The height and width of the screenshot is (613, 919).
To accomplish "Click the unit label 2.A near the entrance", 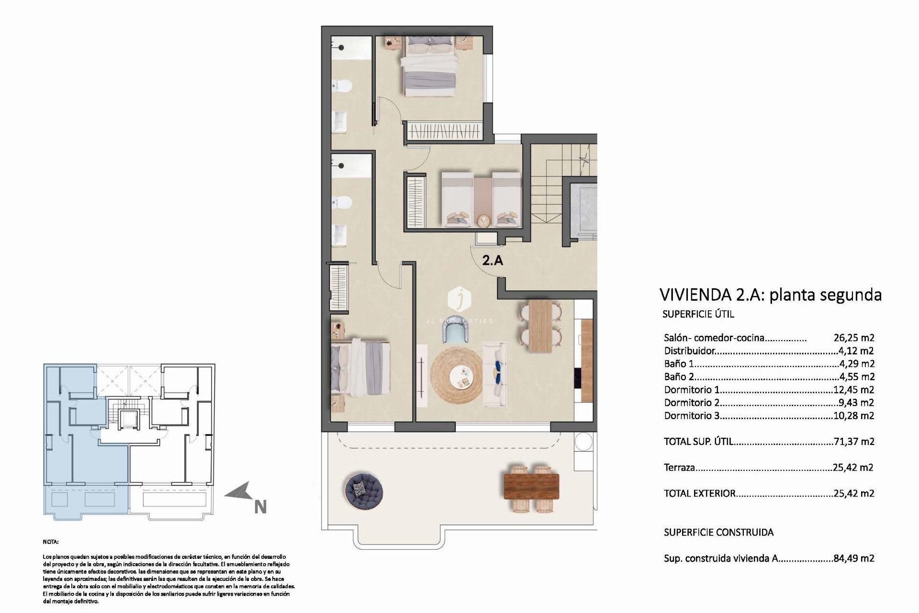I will [x=492, y=261].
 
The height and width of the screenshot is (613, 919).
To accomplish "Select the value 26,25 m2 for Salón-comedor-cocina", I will [x=853, y=338].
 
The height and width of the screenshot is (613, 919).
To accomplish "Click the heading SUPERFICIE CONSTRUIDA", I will [x=718, y=532].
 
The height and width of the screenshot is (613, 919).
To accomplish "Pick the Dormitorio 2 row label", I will [x=692, y=403].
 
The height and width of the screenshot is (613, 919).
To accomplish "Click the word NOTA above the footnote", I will [x=51, y=542].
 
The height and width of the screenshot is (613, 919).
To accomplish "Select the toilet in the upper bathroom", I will [x=342, y=86].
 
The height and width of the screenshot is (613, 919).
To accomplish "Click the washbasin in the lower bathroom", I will [x=340, y=234].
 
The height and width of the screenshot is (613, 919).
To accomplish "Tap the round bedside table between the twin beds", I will [x=483, y=220].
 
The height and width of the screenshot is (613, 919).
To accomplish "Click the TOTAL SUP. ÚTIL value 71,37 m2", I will [x=853, y=442].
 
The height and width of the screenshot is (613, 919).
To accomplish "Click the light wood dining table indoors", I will [x=540, y=326].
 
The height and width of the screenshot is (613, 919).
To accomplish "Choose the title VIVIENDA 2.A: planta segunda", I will [x=770, y=295].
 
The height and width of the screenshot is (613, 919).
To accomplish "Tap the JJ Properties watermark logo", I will [x=459, y=299].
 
